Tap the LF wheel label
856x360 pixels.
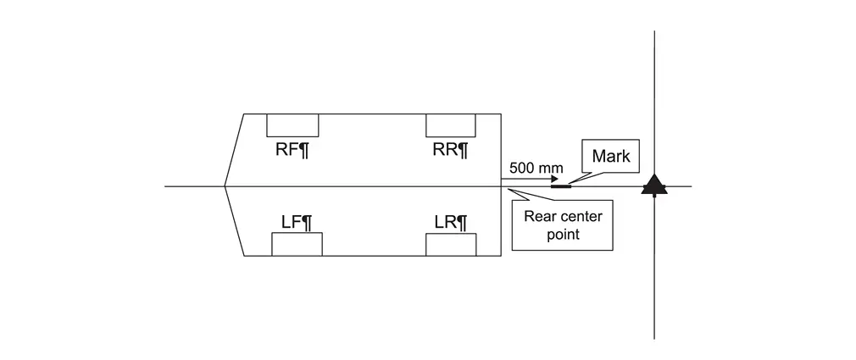pos(297,223)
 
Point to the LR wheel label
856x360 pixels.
pos(450,223)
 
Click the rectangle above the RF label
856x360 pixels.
pos(292,125)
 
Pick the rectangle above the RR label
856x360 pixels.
pos(450,125)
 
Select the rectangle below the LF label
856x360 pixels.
pos(297,245)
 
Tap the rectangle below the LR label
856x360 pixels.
pos(450,245)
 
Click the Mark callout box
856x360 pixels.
pos(610,156)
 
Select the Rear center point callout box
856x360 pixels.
pos(563,225)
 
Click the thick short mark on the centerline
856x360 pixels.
pos(560,186)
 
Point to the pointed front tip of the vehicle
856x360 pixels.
pos(225,186)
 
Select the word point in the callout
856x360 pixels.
pos(563,235)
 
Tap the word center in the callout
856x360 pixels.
pos(581,216)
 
